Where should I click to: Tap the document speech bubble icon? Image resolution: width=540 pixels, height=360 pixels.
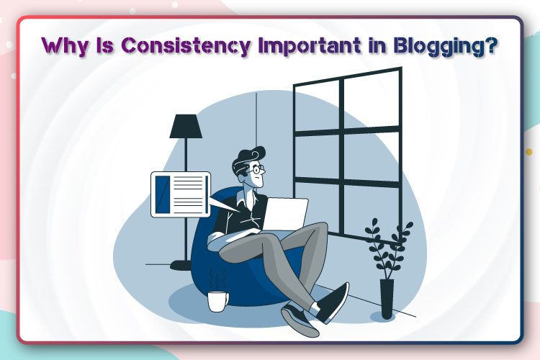(x=180, y=193)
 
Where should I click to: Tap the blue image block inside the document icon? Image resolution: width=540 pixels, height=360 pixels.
(x=163, y=193)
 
